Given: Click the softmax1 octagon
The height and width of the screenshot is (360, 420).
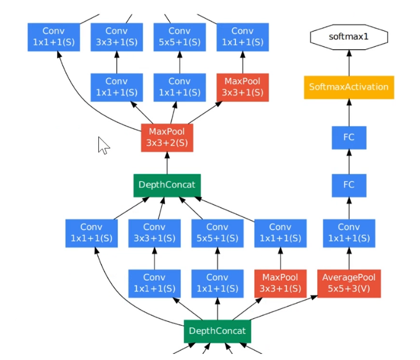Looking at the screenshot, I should [349, 37].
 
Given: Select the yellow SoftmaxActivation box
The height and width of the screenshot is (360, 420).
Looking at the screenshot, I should [349, 87].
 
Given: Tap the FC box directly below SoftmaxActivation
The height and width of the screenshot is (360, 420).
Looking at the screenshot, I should [349, 137].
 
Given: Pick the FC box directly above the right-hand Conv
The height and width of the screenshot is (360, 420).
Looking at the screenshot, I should [349, 184].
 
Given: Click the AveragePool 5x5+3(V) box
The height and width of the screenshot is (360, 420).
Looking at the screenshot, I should [349, 283].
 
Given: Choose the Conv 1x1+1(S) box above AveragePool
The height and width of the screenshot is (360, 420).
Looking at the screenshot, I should [349, 233].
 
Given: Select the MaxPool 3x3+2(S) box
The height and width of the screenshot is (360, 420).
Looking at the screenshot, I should [167, 138].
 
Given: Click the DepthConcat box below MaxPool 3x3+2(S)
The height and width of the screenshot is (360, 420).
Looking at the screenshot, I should [167, 185].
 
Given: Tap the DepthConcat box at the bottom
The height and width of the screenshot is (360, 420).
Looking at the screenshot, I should [217, 331].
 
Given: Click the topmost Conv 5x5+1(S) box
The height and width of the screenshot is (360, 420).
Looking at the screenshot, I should [179, 37].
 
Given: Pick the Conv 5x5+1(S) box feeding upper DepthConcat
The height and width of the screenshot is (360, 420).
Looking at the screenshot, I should [217, 233].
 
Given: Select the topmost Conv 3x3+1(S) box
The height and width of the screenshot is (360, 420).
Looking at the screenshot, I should [116, 37].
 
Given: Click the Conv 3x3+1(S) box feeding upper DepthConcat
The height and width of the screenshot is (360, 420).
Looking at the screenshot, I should [154, 233].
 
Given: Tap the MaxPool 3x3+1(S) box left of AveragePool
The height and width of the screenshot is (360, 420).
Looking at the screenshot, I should [280, 283].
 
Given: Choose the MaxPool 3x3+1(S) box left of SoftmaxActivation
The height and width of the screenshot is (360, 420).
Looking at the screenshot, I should [242, 87].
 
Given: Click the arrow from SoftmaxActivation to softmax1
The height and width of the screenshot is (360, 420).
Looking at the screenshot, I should [349, 62].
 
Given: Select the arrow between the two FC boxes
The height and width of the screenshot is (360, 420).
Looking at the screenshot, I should [349, 161].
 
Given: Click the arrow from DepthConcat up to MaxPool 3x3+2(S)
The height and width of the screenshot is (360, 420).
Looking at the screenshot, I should [167, 163].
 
